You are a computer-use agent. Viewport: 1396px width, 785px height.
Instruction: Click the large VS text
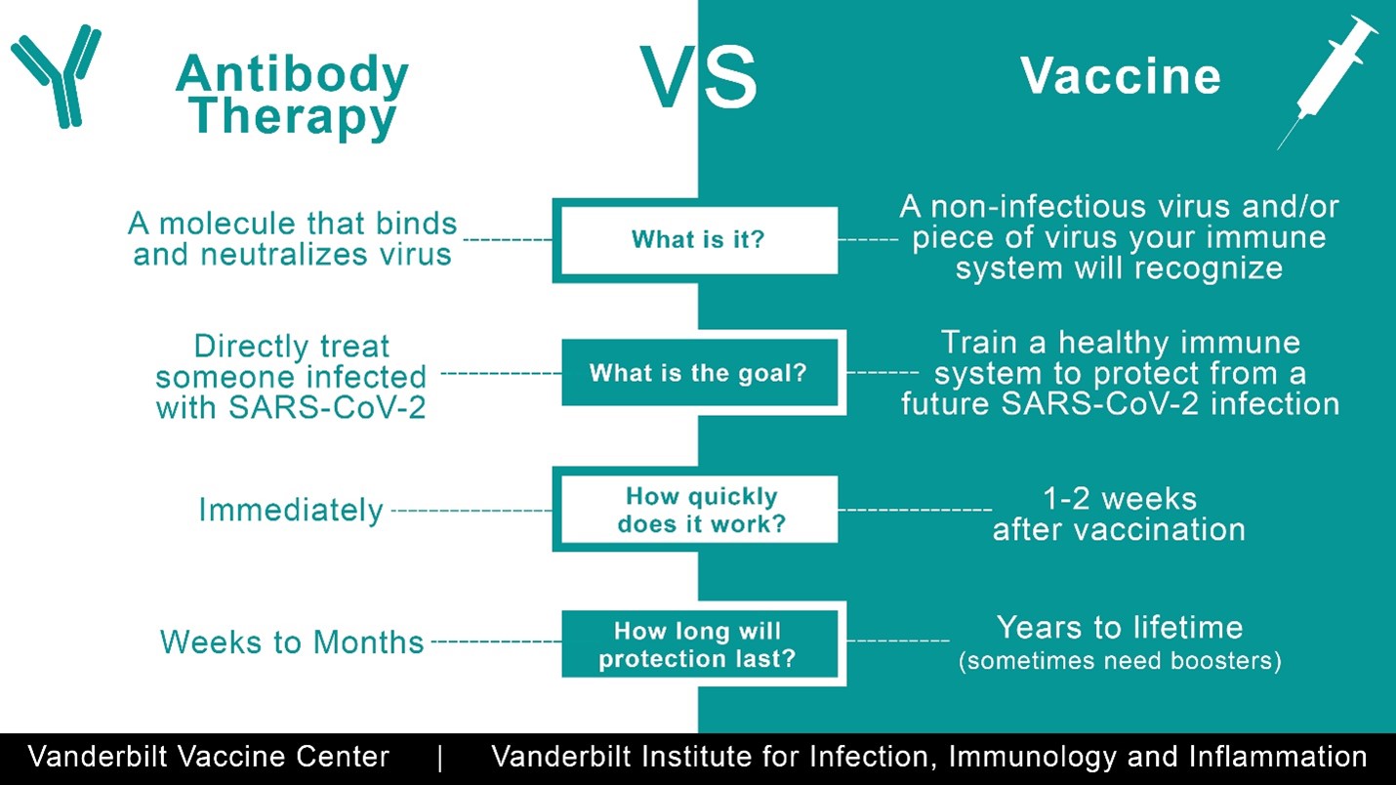[699, 77]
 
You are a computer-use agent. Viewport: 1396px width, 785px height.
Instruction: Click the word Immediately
[290, 511]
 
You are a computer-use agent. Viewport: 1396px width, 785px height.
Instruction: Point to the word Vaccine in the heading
[1120, 76]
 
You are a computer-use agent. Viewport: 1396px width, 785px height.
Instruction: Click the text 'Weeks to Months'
[292, 641]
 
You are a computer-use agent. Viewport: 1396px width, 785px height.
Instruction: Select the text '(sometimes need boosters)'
[1120, 660]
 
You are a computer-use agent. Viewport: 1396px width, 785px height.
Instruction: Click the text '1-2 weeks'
[1120, 499]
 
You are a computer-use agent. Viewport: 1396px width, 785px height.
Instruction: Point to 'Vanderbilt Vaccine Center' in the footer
[209, 757]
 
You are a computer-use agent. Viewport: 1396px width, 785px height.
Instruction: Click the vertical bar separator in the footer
[440, 759]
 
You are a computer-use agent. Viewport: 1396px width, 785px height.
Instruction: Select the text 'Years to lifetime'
[1120, 628]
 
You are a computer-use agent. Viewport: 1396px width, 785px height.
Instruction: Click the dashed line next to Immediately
[472, 510]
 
